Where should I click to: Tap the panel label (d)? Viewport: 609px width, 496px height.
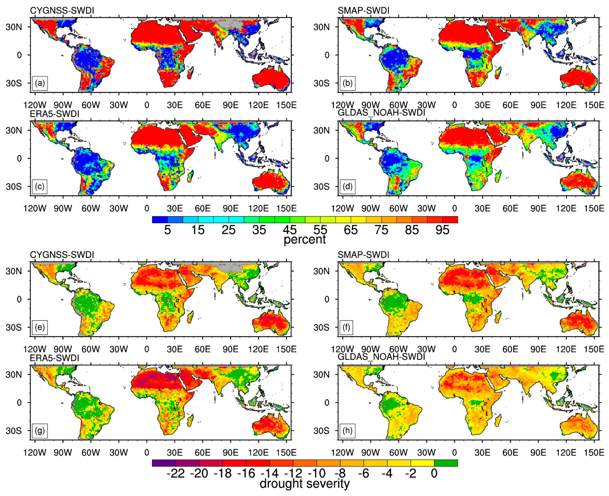click(347, 187)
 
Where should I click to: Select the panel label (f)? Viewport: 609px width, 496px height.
click(346, 327)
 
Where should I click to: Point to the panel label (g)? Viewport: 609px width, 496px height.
click(40, 431)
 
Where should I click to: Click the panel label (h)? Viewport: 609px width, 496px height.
click(347, 431)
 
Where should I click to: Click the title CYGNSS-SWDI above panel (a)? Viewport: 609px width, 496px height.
click(62, 11)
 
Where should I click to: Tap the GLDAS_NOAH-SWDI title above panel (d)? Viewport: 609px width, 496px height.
click(381, 113)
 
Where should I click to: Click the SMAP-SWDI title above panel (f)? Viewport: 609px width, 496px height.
click(363, 255)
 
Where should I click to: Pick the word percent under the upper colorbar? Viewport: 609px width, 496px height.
click(305, 239)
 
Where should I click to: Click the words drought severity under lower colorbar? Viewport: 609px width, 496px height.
click(305, 484)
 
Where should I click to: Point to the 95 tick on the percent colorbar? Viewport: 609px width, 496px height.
click(442, 230)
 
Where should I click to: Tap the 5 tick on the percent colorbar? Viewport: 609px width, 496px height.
click(167, 230)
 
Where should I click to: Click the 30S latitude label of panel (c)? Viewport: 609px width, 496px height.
click(14, 187)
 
